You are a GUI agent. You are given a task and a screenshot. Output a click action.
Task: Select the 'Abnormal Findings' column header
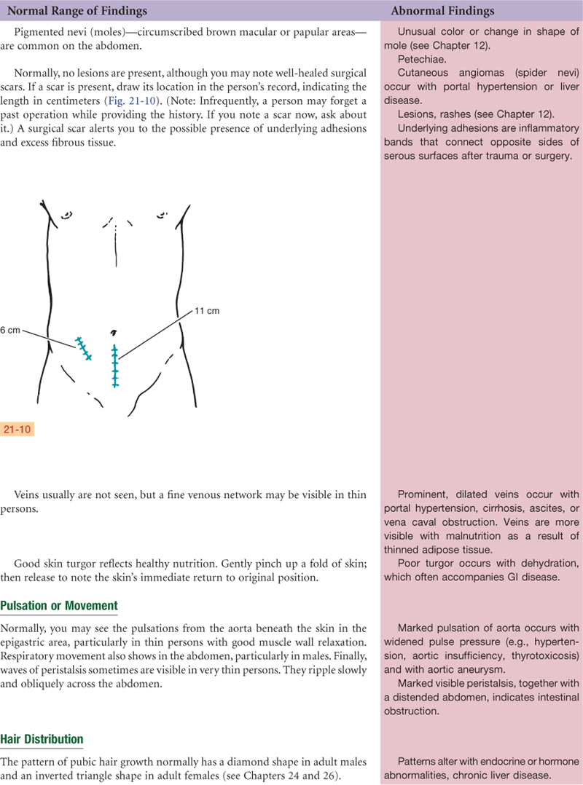tap(442, 11)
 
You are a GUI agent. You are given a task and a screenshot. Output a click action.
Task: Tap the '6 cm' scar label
tap(10, 329)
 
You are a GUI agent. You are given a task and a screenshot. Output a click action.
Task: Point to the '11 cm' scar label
tap(207, 311)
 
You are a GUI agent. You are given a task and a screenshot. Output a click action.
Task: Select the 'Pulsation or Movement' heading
tap(59, 606)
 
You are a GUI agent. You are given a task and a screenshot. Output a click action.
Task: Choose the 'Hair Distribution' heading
tap(42, 740)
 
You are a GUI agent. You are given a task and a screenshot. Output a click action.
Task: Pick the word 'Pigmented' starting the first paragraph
tap(39, 32)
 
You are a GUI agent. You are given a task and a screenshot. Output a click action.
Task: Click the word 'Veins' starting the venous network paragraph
tap(28, 494)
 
